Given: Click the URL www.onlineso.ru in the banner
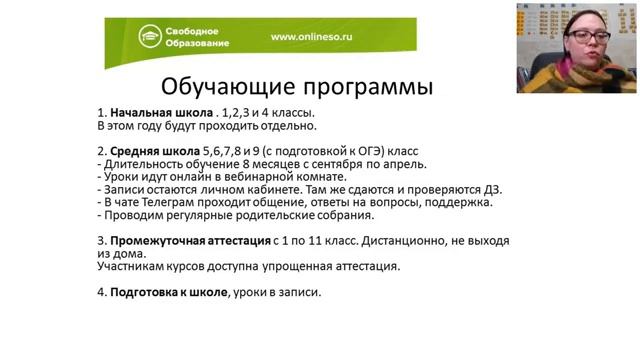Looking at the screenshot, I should (x=312, y=38).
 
